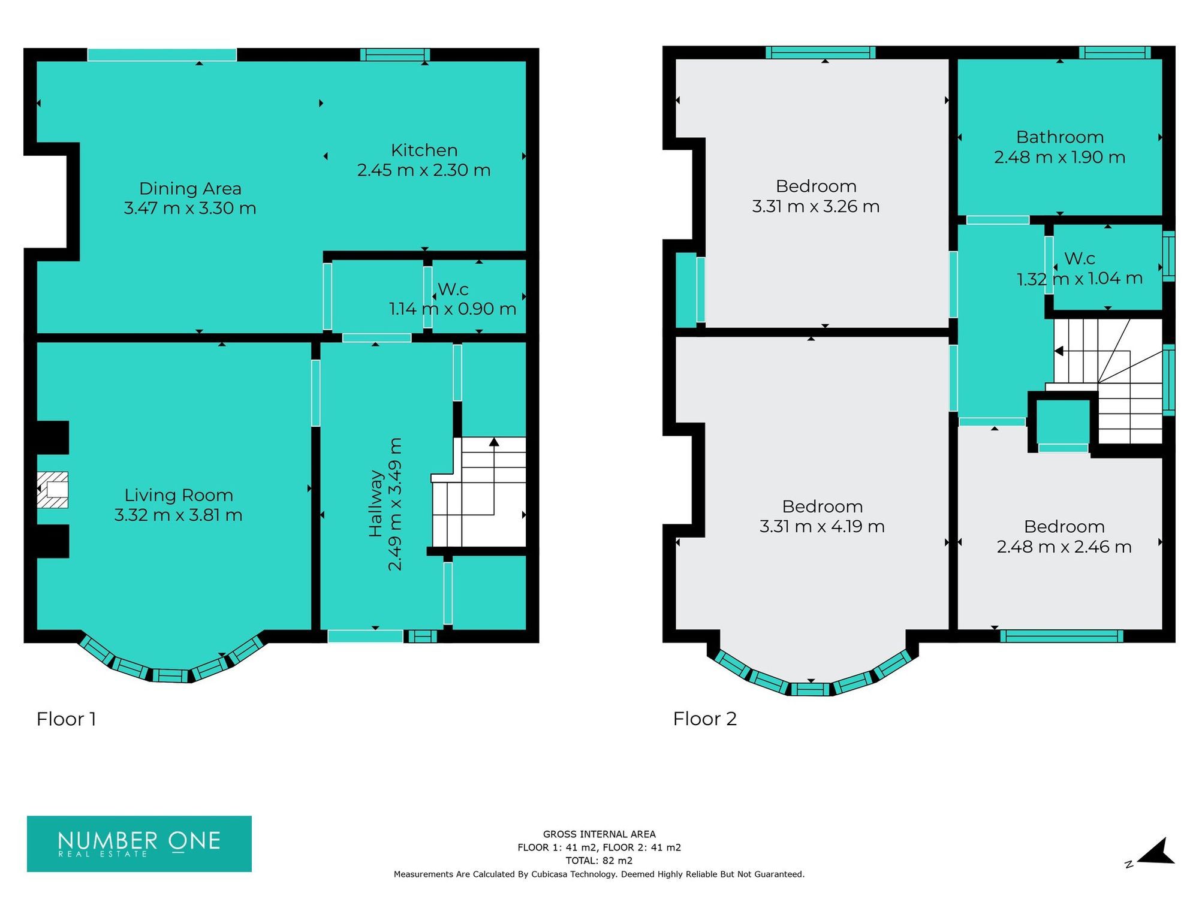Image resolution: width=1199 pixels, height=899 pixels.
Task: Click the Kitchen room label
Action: (424, 150)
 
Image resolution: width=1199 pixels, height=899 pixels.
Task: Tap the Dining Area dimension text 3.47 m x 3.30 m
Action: (190, 209)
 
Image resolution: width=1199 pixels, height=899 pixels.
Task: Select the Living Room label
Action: (179, 495)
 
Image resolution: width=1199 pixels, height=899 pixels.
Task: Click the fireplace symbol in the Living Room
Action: (53, 490)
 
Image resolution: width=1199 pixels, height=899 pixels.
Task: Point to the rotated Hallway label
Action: (376, 503)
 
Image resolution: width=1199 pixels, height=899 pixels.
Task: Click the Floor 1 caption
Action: (66, 719)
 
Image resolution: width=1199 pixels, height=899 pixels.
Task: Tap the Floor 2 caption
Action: (704, 719)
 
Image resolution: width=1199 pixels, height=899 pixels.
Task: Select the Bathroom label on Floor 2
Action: (1059, 137)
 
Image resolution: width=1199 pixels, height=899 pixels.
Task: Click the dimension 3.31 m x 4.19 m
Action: (822, 527)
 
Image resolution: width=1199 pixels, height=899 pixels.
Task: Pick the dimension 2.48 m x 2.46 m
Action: (1064, 547)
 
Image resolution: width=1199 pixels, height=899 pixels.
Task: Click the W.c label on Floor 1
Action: (453, 289)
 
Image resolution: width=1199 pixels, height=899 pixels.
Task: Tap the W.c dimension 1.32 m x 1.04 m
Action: (1079, 279)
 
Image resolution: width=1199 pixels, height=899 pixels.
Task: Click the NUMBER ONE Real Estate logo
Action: (139, 843)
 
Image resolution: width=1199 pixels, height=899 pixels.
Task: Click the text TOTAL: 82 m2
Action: (599, 861)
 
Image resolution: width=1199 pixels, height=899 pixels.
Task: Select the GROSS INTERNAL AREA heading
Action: (599, 834)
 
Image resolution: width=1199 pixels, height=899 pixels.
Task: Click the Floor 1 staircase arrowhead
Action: (494, 442)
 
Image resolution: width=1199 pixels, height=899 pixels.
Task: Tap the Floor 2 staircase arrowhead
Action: (1059, 351)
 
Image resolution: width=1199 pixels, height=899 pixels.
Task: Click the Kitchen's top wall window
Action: (395, 55)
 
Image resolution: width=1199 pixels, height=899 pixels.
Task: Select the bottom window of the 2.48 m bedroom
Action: (1061, 636)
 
